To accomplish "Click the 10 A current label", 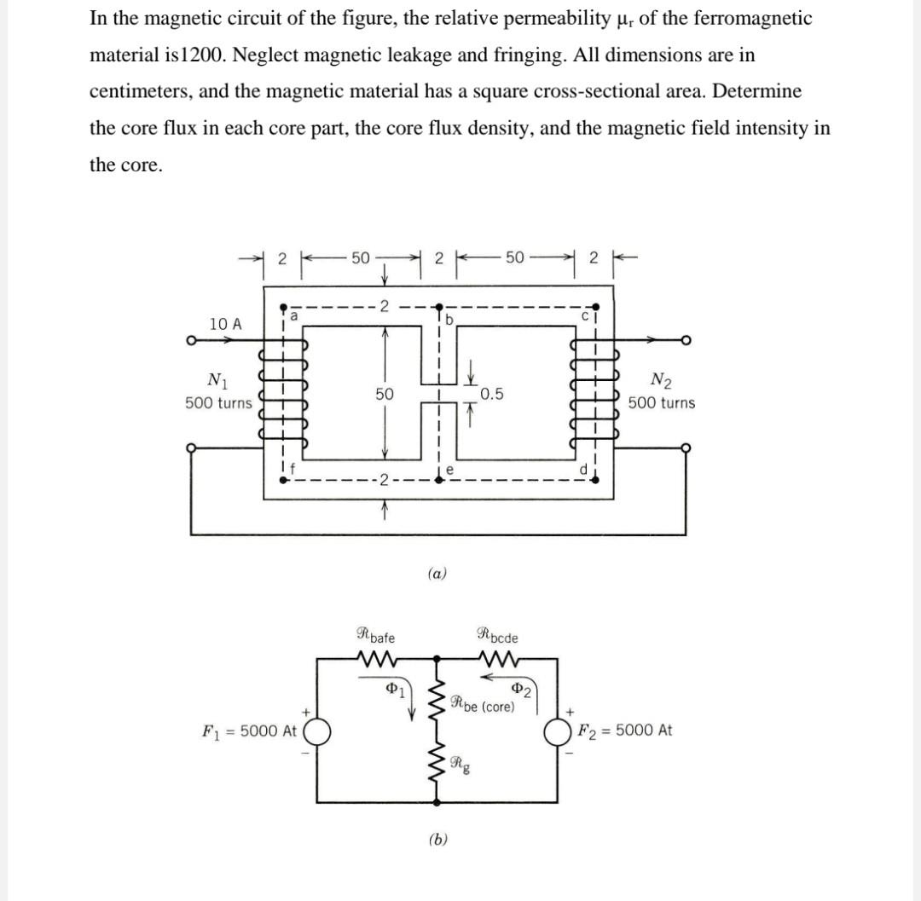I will [x=225, y=324].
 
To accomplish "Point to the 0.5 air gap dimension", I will [x=491, y=394].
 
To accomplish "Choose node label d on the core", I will [x=583, y=468].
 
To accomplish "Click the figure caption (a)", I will [x=437, y=575].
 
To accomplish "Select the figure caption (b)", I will [x=437, y=840].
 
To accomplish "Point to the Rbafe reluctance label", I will [x=375, y=635].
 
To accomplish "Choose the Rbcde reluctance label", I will [x=499, y=635].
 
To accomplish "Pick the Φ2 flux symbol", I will [x=521, y=689].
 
